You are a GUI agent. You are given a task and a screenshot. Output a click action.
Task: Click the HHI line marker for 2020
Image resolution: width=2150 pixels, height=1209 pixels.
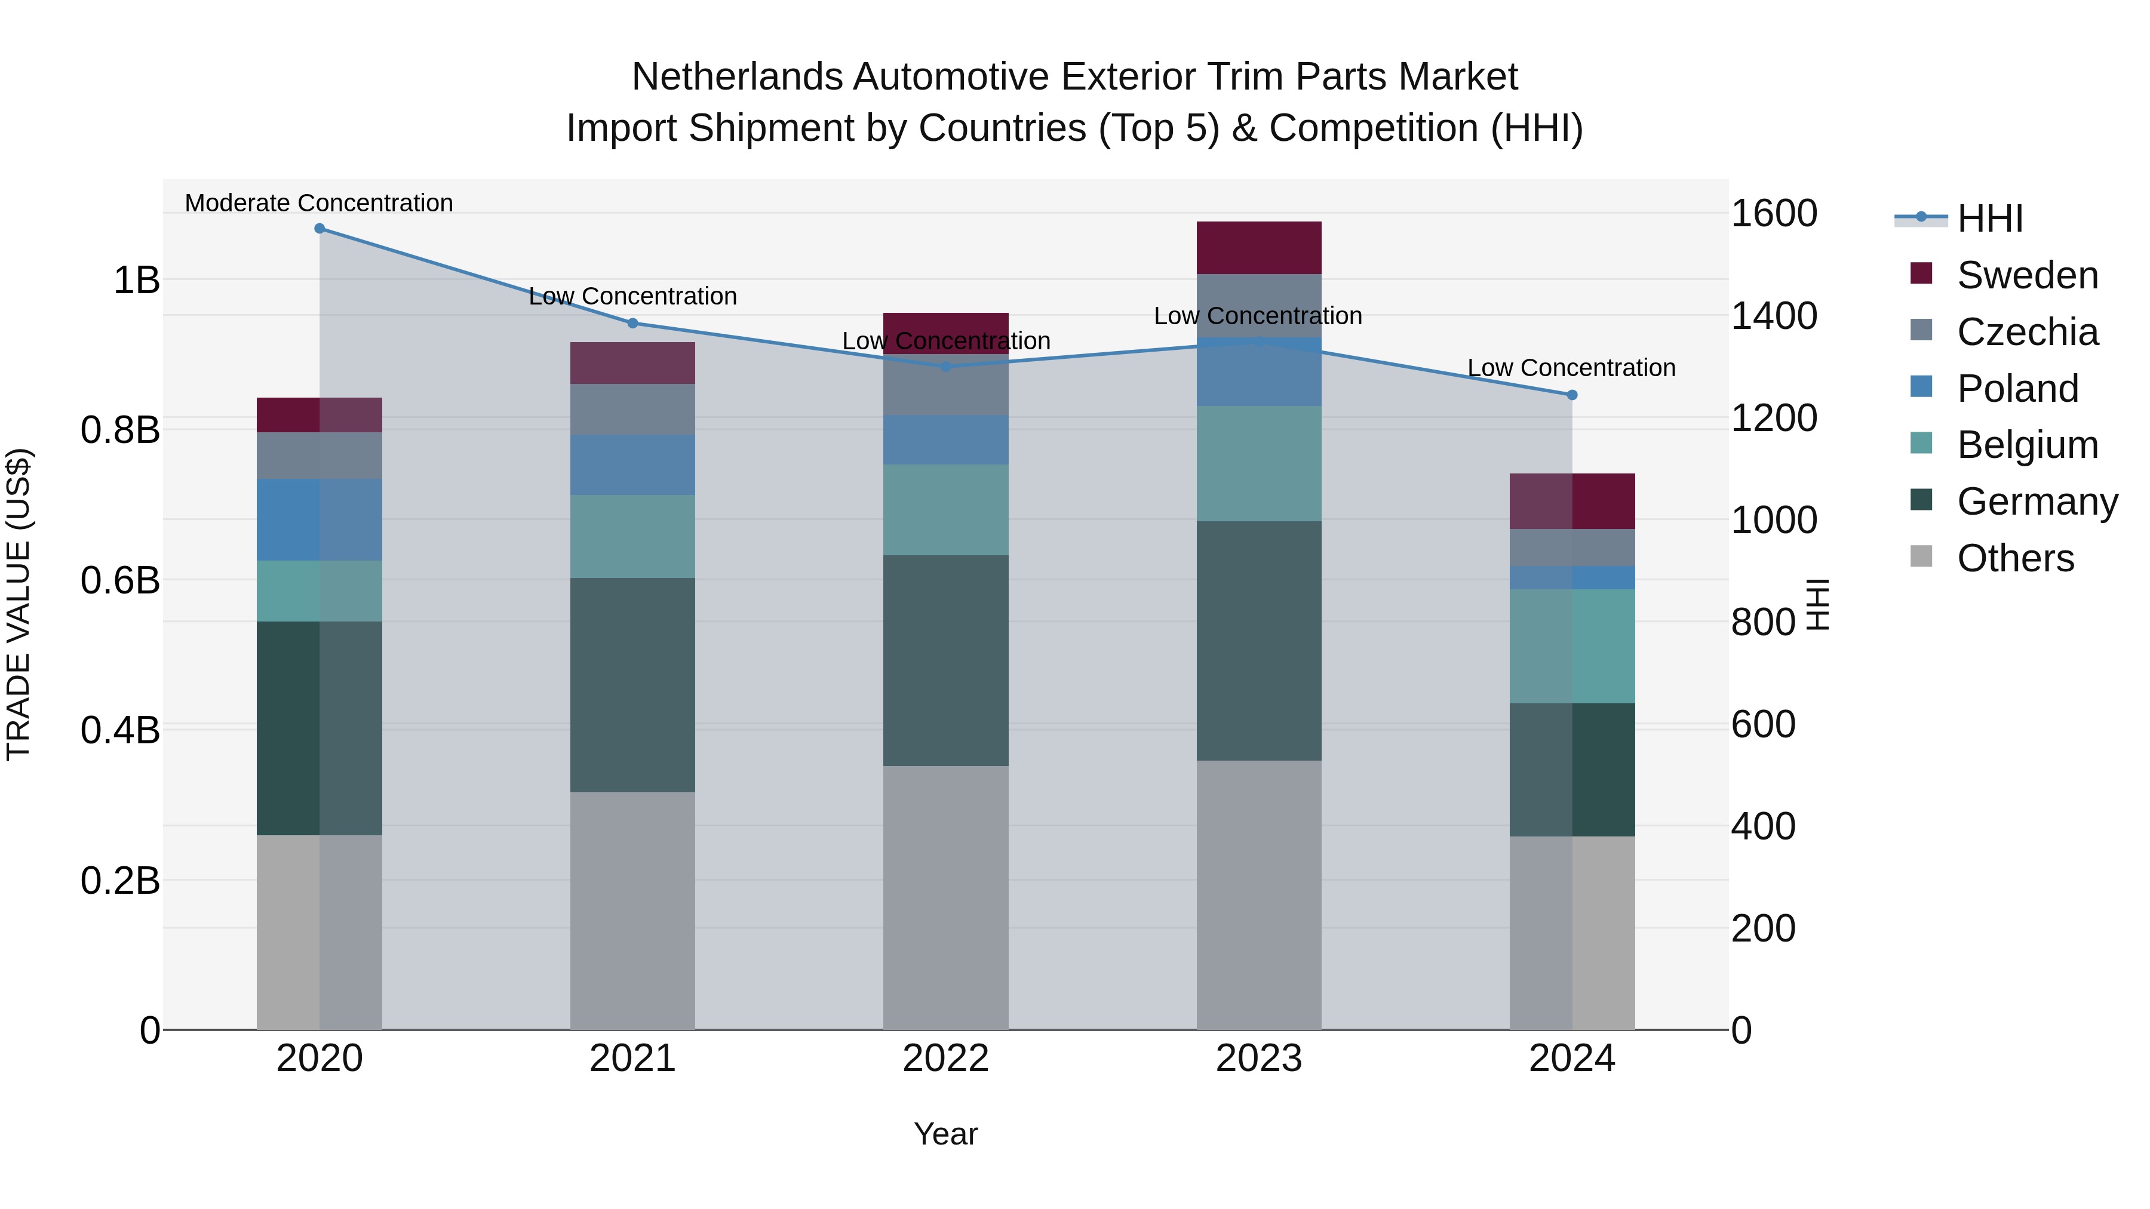point(320,229)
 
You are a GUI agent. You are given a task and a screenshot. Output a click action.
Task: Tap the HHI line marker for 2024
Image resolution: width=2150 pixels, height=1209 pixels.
point(1572,395)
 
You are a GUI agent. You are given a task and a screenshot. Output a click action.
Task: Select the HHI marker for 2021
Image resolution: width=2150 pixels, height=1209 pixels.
point(632,323)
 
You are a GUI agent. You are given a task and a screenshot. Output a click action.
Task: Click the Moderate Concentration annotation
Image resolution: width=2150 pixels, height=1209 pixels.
point(319,203)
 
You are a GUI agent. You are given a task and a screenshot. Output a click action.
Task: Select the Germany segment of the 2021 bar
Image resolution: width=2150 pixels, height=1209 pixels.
point(632,684)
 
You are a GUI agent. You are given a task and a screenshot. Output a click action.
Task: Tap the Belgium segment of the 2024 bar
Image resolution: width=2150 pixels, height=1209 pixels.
point(1572,646)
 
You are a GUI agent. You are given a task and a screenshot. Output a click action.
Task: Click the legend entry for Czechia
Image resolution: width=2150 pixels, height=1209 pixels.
point(2026,331)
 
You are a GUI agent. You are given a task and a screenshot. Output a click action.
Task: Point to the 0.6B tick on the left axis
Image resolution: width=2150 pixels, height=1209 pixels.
point(120,580)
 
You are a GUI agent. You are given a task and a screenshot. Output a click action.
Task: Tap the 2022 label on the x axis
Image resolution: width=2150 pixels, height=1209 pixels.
point(945,1058)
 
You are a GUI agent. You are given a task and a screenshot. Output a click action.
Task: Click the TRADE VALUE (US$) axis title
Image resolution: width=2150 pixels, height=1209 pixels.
point(19,604)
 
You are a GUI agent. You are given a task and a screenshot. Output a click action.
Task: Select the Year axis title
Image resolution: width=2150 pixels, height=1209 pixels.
point(945,1134)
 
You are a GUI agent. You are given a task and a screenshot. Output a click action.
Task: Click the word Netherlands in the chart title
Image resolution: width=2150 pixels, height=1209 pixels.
point(737,77)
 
